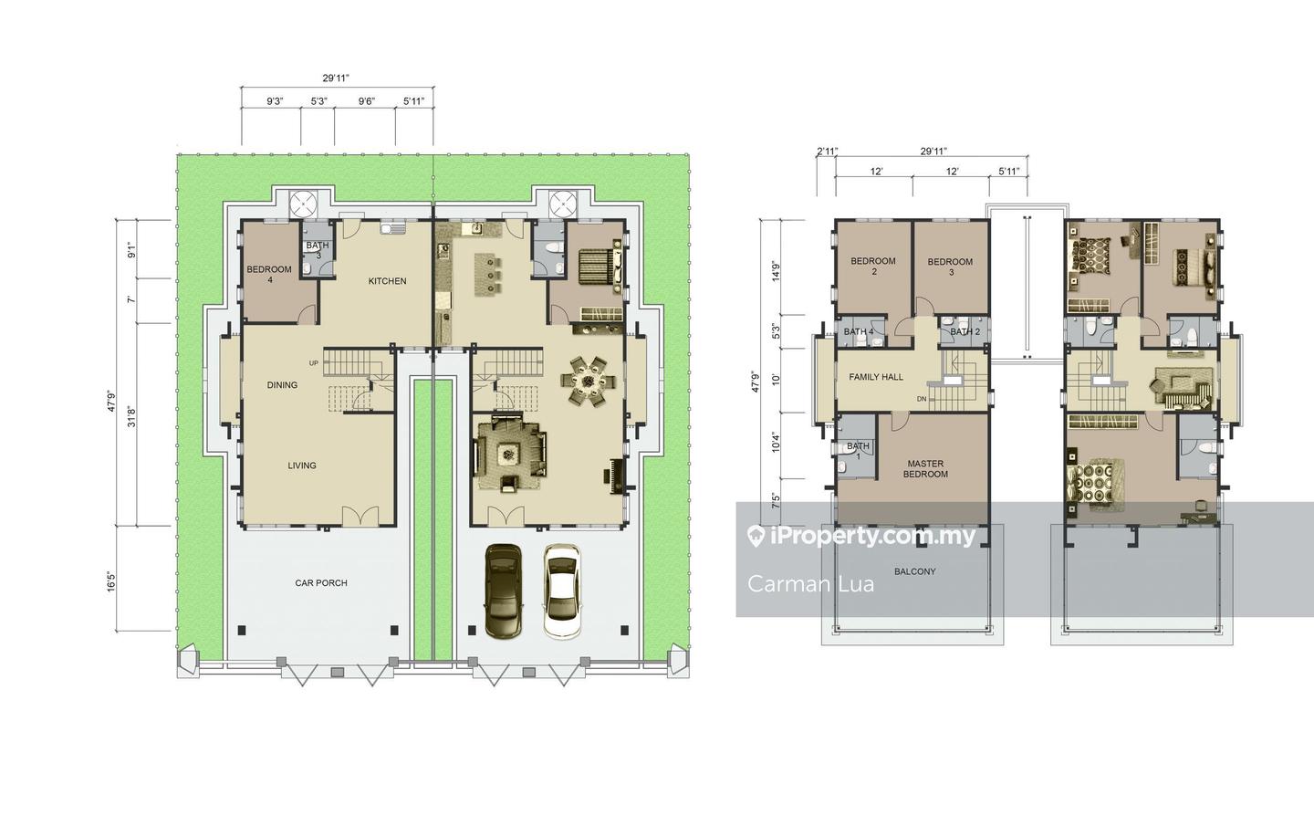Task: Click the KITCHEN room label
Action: pyautogui.click(x=387, y=281)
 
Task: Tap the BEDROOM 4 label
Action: pyautogui.click(x=269, y=274)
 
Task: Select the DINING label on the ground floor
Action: pyautogui.click(x=282, y=385)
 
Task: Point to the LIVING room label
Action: pyautogui.click(x=302, y=466)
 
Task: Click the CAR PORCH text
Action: pyautogui.click(x=321, y=583)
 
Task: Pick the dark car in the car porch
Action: pyautogui.click(x=504, y=591)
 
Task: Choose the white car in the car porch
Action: pyautogui.click(x=562, y=591)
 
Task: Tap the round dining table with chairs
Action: pyautogui.click(x=587, y=382)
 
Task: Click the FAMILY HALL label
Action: pyautogui.click(x=876, y=377)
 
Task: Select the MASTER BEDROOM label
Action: pyautogui.click(x=925, y=468)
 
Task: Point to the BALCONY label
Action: pyautogui.click(x=915, y=571)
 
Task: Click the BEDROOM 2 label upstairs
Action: pyautogui.click(x=873, y=266)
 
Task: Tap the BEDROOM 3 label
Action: pyautogui.click(x=950, y=267)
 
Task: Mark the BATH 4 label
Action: pyautogui.click(x=859, y=331)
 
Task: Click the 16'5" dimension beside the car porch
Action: pyautogui.click(x=112, y=581)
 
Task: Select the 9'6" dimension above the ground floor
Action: pyautogui.click(x=367, y=101)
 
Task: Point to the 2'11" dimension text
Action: pyautogui.click(x=827, y=152)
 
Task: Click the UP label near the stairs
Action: pyautogui.click(x=314, y=363)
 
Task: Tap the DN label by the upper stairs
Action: pyautogui.click(x=922, y=399)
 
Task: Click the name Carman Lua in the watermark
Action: pyautogui.click(x=810, y=583)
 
